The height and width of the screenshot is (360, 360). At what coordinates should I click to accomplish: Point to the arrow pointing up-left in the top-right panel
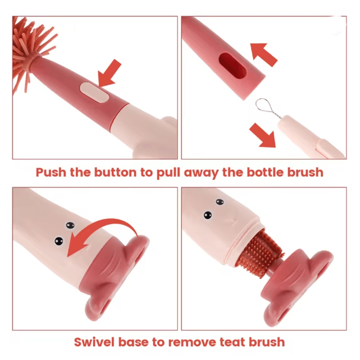point(264,54)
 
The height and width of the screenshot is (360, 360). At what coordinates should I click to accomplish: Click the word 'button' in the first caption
point(116,172)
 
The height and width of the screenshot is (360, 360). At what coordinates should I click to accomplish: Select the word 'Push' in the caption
point(51,172)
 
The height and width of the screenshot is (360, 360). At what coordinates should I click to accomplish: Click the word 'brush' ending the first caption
point(303,172)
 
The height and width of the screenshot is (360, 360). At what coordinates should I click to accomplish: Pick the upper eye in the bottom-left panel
point(70,225)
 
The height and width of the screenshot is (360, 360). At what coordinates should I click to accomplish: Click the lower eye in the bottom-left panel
point(58,241)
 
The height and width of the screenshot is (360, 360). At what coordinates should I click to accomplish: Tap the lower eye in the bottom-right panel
point(208,215)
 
